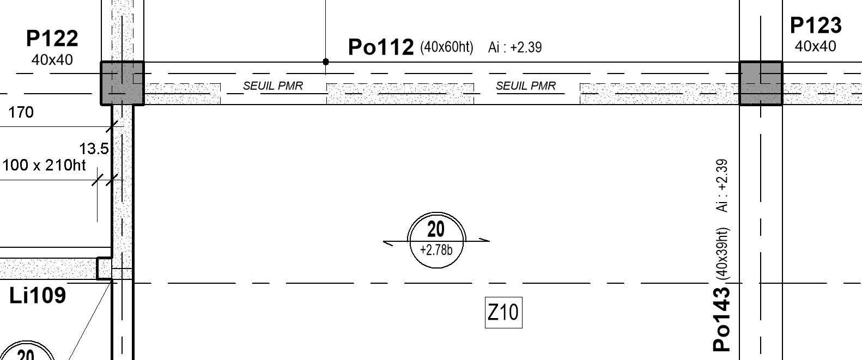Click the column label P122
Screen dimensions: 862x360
(x=52, y=38)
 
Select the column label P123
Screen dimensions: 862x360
(x=816, y=26)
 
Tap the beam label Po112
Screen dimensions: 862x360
(x=381, y=47)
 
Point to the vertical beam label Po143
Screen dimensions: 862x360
(x=721, y=320)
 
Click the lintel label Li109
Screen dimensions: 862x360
(x=38, y=296)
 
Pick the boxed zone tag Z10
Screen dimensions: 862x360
(x=503, y=312)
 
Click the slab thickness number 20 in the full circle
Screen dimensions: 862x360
(x=435, y=229)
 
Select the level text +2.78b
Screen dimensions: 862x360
(x=436, y=250)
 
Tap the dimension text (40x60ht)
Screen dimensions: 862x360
(x=447, y=47)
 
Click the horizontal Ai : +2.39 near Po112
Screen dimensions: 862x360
(x=515, y=47)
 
